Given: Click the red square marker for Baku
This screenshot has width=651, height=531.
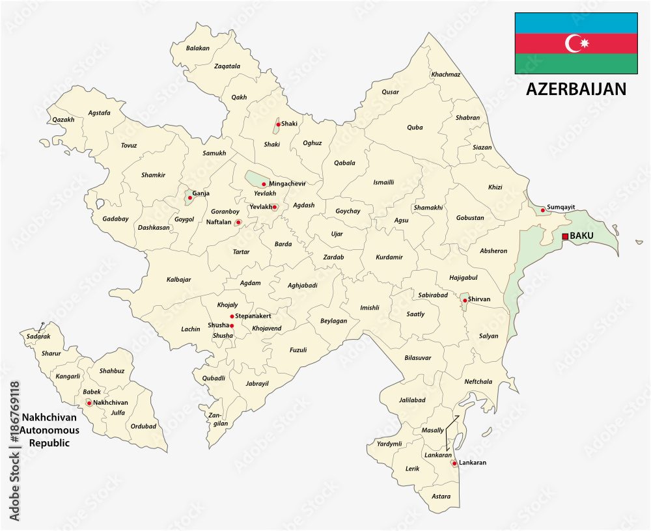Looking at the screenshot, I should click(565, 236).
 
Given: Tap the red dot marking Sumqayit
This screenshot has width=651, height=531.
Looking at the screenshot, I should click(543, 210).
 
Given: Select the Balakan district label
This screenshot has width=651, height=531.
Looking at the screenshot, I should click(197, 48).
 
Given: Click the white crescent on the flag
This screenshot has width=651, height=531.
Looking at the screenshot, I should click(573, 44).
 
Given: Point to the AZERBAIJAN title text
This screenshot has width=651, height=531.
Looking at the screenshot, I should click(576, 89).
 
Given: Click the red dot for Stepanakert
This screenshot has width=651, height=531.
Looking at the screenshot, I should click(232, 316).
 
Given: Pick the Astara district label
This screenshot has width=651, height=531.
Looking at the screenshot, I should click(441, 496).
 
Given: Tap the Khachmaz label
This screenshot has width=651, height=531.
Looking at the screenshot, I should click(445, 74).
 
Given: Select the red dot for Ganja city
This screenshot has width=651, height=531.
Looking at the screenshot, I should click(189, 198).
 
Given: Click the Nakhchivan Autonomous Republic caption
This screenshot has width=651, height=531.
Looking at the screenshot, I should click(49, 430).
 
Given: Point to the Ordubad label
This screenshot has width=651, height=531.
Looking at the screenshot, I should click(143, 426).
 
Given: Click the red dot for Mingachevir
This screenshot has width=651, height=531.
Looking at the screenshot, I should click(264, 184).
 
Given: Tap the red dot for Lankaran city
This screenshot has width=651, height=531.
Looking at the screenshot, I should click(454, 463).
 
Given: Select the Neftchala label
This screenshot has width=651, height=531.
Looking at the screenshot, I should click(478, 381).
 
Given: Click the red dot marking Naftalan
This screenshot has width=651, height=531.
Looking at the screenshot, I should click(238, 223).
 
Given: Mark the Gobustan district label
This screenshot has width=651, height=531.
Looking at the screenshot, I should click(470, 218).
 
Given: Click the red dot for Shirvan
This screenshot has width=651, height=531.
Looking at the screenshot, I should click(465, 300).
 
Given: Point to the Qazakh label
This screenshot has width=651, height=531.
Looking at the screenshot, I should click(64, 120).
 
